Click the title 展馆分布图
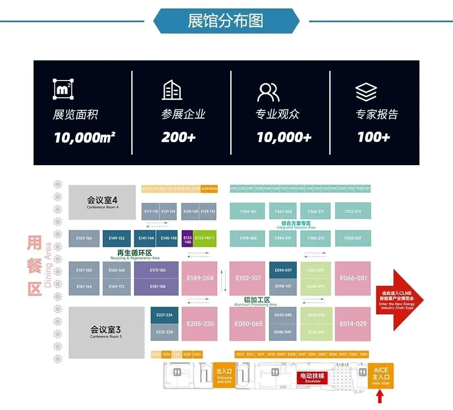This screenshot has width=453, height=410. [226, 21]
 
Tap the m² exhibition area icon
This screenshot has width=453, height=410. [63, 89]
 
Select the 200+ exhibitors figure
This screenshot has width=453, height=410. [178, 138]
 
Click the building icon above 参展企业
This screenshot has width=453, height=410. [172, 90]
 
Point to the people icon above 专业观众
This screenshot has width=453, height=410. [268, 92]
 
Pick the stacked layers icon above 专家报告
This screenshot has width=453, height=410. [366, 92]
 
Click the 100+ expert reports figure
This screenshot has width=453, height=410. [373, 138]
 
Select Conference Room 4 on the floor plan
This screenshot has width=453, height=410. [102, 202]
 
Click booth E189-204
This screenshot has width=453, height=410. [200, 278]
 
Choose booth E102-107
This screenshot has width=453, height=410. [248, 278]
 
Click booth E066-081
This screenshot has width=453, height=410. [353, 278]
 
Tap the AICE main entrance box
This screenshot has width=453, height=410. [380, 376]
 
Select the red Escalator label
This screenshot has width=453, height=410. [313, 378]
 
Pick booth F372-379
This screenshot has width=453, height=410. [352, 211]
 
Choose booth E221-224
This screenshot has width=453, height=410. [164, 315]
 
